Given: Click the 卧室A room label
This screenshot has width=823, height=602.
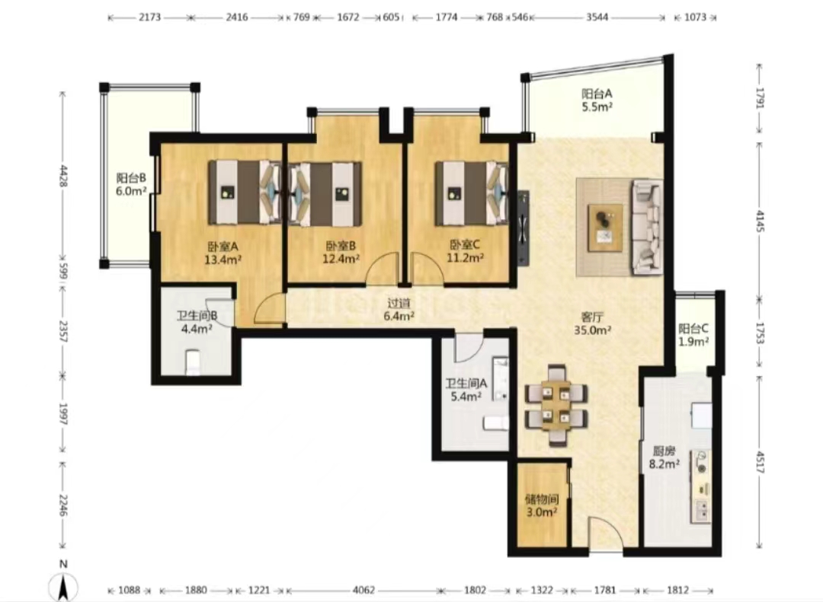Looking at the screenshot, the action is point(223,246).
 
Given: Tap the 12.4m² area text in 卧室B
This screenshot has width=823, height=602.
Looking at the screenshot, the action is point(341,259).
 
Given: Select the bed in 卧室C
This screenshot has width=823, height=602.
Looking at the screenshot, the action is point(472,193).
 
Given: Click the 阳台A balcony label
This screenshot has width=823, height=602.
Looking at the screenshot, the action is point(597,94).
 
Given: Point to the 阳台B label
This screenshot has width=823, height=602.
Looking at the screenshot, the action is point(131,178).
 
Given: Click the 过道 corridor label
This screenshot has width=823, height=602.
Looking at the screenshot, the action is point(399,303).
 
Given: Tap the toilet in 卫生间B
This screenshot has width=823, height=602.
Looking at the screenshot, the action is point(193,363).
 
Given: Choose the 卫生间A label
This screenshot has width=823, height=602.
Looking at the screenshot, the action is point(466,384).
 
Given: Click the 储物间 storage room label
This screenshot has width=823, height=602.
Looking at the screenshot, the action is point(542,499).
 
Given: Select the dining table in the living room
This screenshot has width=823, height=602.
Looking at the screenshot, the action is point(556,406).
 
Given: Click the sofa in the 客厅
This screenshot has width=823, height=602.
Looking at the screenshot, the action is point(647,227).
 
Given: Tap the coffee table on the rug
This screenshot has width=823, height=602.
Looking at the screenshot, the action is point(605,228).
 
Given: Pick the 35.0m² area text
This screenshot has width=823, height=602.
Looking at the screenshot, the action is point(593,330).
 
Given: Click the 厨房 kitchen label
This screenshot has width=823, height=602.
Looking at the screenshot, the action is point(664,451).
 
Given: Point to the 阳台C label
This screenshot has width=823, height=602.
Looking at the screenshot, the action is point(693,329).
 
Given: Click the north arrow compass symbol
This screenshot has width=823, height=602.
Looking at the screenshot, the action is point(63,583).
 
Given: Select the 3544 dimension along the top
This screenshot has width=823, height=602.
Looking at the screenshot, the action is point(597,18).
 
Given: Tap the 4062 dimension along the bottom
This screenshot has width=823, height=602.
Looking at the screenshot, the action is point(363,591).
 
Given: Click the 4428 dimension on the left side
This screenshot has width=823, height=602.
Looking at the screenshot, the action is point(63,176).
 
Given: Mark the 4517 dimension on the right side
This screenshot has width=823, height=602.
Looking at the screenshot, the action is point(760,461).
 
